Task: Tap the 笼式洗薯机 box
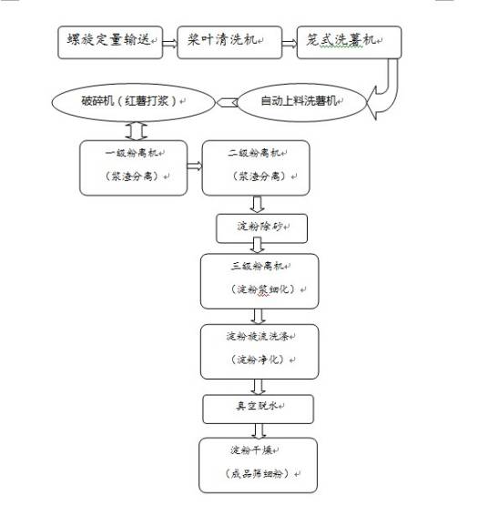(349, 42)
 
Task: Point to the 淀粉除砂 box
(256, 228)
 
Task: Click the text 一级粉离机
(134, 153)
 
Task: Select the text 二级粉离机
(255, 153)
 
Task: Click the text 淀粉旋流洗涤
(258, 337)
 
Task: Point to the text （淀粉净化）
(258, 360)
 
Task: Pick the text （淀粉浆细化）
(258, 290)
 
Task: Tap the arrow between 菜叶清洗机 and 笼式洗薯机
(288, 42)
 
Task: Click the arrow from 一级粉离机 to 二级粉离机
(193, 166)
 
